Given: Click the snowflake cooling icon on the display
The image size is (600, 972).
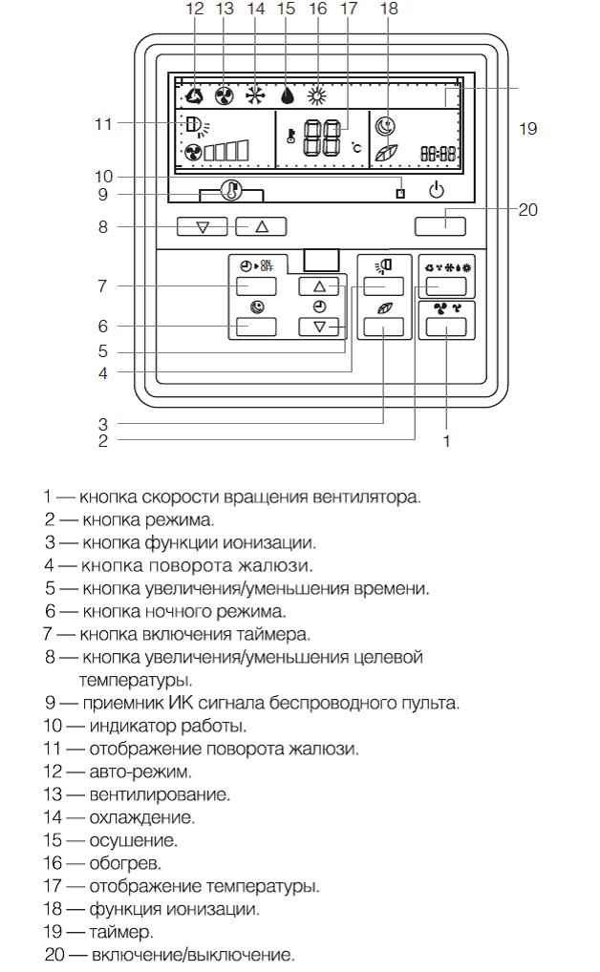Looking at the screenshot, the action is click(254, 95).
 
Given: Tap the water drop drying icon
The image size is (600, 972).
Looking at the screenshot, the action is click(287, 95).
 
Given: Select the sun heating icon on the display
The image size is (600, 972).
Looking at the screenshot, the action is click(318, 95).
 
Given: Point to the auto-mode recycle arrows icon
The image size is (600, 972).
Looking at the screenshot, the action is click(194, 95).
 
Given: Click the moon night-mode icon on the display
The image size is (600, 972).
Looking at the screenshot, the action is click(385, 127).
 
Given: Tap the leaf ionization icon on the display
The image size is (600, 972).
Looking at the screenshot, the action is click(386, 153).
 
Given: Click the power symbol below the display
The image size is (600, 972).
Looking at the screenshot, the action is click(437, 190).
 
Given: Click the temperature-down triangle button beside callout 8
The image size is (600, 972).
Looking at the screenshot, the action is click(203, 227).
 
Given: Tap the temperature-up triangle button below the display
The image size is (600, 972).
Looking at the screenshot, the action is click(261, 227).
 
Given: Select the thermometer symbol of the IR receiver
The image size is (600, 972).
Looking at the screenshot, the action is click(231, 190).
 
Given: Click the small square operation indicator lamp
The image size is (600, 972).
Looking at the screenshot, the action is click(401, 193).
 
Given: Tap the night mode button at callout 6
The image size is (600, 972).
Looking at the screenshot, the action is click(256, 326).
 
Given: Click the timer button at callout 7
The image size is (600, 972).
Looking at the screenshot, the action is click(256, 285).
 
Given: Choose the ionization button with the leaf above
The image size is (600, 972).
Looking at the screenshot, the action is click(383, 326).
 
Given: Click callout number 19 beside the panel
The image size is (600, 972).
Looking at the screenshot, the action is click(528, 128).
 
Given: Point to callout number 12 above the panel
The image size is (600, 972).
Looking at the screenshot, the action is click(194, 9).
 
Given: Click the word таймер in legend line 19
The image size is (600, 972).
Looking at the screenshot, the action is click(120, 931).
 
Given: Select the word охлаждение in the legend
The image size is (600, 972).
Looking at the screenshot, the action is click(142, 817).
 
